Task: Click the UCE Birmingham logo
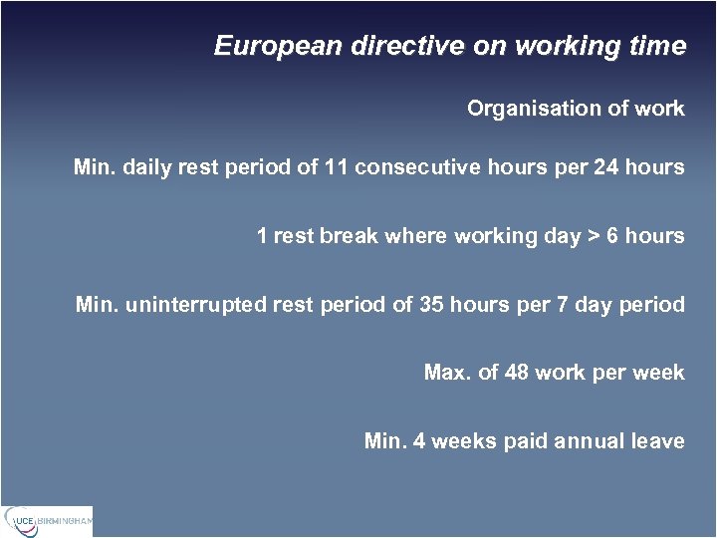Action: [47, 521]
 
